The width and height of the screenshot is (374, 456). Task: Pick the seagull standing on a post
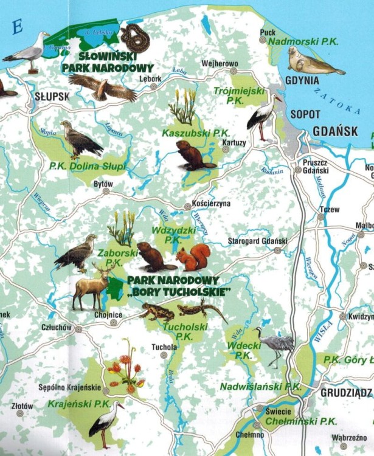(27, 52)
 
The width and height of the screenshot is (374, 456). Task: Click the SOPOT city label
(305, 114)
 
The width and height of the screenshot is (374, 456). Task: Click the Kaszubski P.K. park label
(187, 132)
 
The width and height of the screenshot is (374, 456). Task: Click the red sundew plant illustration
(125, 369)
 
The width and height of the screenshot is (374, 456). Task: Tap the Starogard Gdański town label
(257, 241)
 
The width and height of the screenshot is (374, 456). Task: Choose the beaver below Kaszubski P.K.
(193, 156)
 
